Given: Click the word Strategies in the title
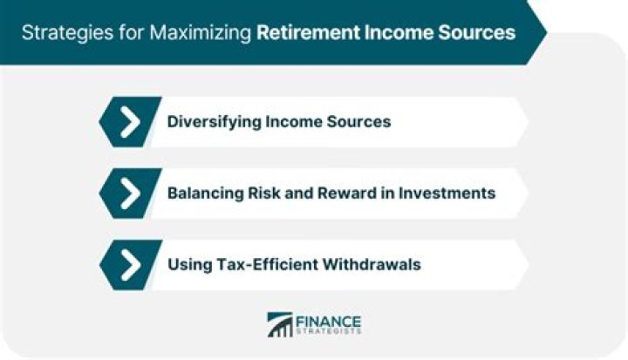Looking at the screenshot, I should pyautogui.click(x=57, y=33).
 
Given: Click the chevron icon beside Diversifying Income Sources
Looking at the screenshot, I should pyautogui.click(x=130, y=121).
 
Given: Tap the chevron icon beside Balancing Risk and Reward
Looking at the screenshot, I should pyautogui.click(x=130, y=193).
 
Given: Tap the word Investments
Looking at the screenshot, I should pyautogui.click(x=449, y=193).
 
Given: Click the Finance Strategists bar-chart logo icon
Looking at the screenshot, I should pyautogui.click(x=280, y=325).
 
